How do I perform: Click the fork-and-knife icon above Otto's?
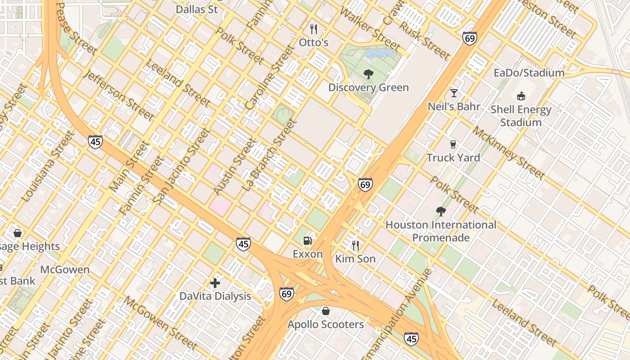(314, 29)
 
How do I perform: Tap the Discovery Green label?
(369, 87)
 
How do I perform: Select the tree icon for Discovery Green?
(369, 74)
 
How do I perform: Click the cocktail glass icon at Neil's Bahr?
(454, 93)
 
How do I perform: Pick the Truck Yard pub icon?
(453, 144)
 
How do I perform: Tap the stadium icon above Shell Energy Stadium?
(521, 96)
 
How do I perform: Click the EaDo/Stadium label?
(529, 73)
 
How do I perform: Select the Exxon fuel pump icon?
(308, 240)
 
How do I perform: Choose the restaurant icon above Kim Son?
(355, 245)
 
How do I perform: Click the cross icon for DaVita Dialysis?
(215, 283)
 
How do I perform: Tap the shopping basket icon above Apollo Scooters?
(325, 311)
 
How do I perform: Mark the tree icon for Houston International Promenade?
(441, 211)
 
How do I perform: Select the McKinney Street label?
(508, 152)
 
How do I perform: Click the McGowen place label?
(65, 270)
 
